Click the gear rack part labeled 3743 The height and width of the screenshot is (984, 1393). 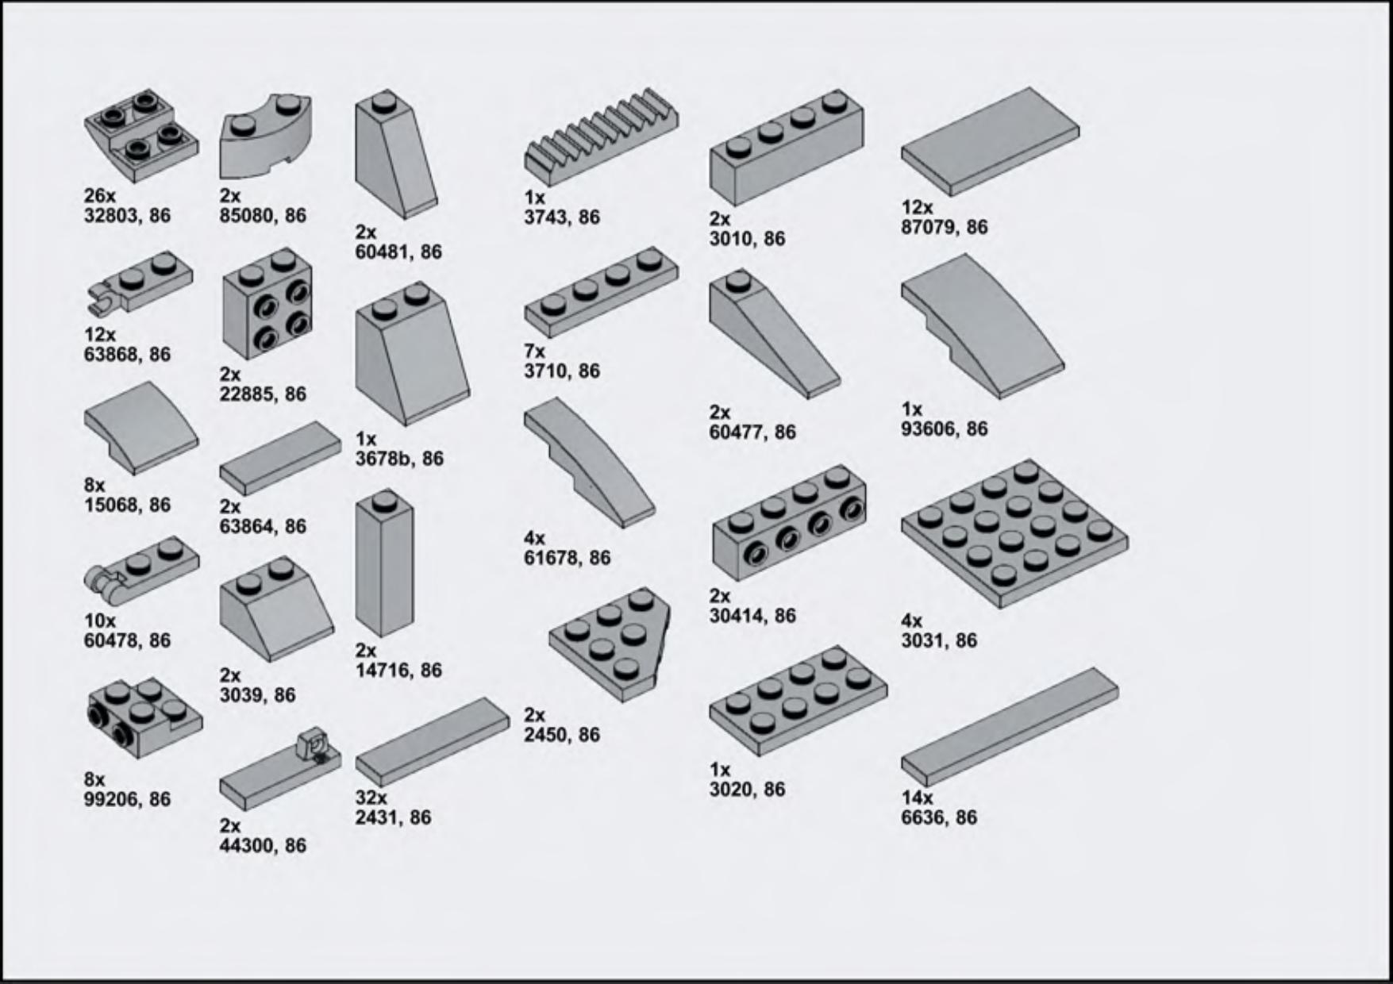coord(601,137)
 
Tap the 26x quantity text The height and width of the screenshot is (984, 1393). coord(100,195)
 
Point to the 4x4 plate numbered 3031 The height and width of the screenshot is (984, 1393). coord(1014,534)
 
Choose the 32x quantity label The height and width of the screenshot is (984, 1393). coord(371,798)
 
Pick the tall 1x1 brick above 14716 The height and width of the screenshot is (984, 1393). coord(385,563)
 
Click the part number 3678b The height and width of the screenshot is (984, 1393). coord(383,459)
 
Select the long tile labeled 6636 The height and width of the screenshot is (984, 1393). coord(1010,727)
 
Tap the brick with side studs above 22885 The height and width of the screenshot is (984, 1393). coord(267,303)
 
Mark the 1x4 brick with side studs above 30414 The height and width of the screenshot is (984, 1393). coord(790,522)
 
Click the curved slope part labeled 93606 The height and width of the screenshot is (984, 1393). coord(983,325)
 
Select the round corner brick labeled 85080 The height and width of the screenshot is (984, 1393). coord(266,136)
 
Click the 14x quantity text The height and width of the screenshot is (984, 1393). coord(917,798)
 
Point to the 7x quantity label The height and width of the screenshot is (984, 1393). coord(534,351)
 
